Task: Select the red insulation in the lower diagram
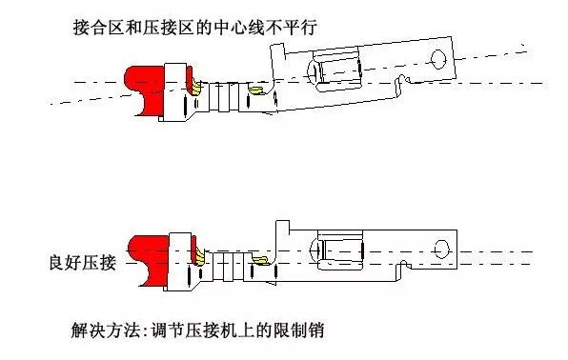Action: (144, 254)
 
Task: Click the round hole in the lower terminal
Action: (440, 249)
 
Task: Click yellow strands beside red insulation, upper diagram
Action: (195, 88)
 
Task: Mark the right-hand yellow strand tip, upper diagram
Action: (255, 92)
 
